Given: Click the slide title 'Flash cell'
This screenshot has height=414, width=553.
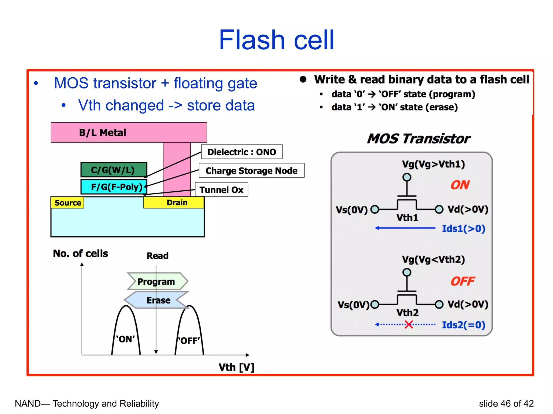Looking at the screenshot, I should (x=276, y=40).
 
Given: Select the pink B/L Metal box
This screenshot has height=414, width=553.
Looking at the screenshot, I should (x=129, y=132).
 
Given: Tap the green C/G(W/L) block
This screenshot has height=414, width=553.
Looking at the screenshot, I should (x=114, y=170).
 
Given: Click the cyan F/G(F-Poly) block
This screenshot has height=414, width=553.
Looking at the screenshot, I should (x=114, y=187).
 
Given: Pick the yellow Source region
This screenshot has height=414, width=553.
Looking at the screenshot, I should (x=68, y=203).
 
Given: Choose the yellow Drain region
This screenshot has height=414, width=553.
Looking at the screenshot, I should (x=174, y=202).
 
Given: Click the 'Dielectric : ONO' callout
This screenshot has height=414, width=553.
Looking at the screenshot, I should (x=242, y=152).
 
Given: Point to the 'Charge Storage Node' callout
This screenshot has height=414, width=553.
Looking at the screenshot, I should (x=251, y=171).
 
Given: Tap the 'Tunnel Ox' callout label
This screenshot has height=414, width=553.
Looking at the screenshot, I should (x=221, y=190).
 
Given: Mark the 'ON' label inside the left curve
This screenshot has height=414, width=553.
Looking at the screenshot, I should (x=126, y=339).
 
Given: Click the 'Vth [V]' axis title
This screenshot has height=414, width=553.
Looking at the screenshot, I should (x=236, y=367).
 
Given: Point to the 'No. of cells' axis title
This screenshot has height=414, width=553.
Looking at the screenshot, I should (x=80, y=253).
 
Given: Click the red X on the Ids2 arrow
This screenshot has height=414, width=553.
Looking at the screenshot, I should (x=409, y=325).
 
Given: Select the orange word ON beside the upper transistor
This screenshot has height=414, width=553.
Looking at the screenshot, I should (x=460, y=185).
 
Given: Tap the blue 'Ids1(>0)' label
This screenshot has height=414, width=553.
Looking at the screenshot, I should (x=463, y=229).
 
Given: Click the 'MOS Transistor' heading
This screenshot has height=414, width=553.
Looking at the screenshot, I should (x=418, y=139).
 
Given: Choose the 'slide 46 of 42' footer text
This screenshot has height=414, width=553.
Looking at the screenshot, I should (x=506, y=403).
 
